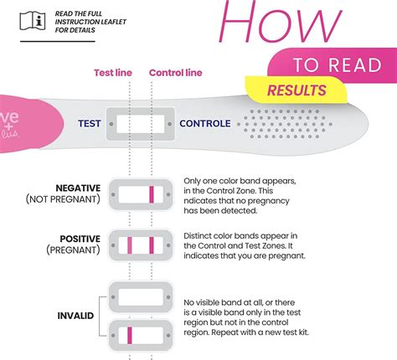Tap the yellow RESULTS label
[x=296, y=90]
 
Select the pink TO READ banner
[x=334, y=65]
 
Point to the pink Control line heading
[x=177, y=72]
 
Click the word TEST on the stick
[x=90, y=124]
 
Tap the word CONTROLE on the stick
[x=205, y=124]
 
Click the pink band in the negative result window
[x=151, y=196]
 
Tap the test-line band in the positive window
[x=130, y=246]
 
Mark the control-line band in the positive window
[x=151, y=246]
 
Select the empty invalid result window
[x=140, y=297]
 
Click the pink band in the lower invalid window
[x=130, y=337]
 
